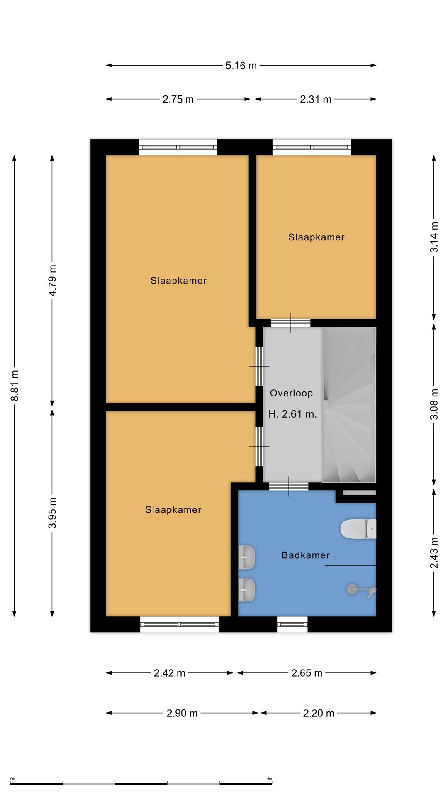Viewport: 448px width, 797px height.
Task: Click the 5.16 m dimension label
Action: click(x=241, y=66)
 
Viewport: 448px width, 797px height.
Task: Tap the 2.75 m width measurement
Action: click(x=178, y=99)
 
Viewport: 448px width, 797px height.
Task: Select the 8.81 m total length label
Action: click(x=15, y=386)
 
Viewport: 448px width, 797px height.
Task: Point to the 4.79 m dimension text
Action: click(x=53, y=281)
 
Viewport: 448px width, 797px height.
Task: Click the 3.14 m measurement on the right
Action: click(x=434, y=237)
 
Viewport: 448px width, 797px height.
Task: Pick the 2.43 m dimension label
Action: click(x=434, y=553)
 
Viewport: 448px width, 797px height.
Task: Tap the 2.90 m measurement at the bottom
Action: click(x=182, y=713)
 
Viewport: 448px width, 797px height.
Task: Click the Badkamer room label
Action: click(x=306, y=555)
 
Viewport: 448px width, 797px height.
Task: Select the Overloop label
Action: click(x=292, y=394)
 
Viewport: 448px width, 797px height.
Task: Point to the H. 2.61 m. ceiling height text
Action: click(x=293, y=414)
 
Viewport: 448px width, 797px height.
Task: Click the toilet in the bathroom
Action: click(x=358, y=529)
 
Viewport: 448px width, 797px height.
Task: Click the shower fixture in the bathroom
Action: click(x=362, y=590)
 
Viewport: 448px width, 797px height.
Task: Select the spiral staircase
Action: click(x=349, y=405)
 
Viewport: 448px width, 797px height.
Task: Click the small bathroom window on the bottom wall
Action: click(x=292, y=624)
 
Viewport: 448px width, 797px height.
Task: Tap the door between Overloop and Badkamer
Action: click(x=289, y=487)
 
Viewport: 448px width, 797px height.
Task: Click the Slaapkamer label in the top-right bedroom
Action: click(x=317, y=237)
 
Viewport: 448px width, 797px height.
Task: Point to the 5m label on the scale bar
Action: click(x=269, y=779)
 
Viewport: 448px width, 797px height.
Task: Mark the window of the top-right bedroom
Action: click(x=312, y=147)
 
